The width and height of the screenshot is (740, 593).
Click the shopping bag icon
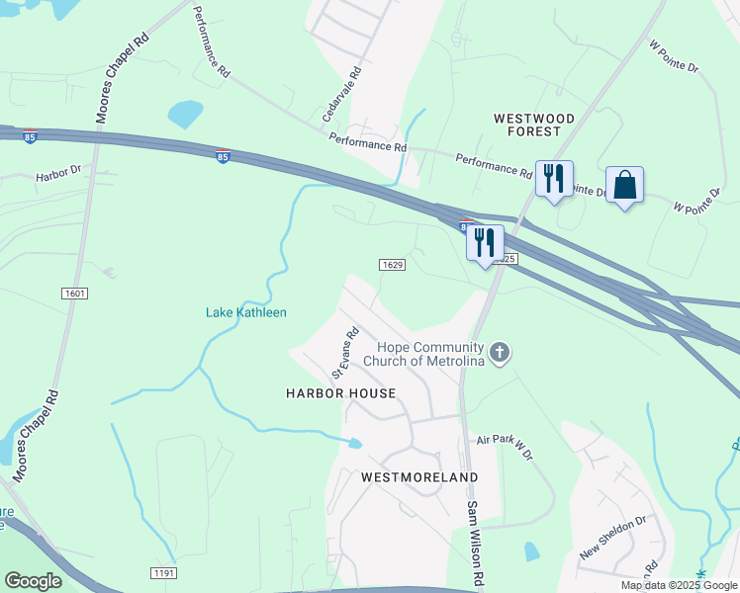624,185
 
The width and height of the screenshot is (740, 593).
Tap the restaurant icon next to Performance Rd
553,179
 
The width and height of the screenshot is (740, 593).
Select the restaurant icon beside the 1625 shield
485,243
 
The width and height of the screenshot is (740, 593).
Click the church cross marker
501,353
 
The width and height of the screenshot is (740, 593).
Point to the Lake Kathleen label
246,313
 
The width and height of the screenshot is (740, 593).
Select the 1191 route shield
164,573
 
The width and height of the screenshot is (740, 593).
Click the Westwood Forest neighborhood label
534,126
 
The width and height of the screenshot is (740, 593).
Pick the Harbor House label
341,393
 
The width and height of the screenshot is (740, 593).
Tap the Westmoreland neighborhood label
419,477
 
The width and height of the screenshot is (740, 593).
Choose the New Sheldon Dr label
612,537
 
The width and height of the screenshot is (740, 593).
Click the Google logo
33,581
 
